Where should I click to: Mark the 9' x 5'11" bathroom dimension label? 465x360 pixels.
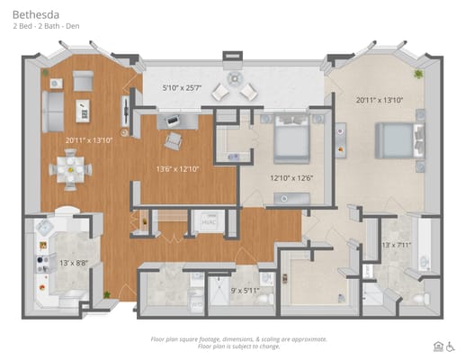246,290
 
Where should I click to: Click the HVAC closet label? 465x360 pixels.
209,220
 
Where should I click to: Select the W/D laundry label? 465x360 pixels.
197,303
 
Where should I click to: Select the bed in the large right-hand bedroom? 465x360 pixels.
393,140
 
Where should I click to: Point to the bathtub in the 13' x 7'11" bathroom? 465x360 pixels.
418,242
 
